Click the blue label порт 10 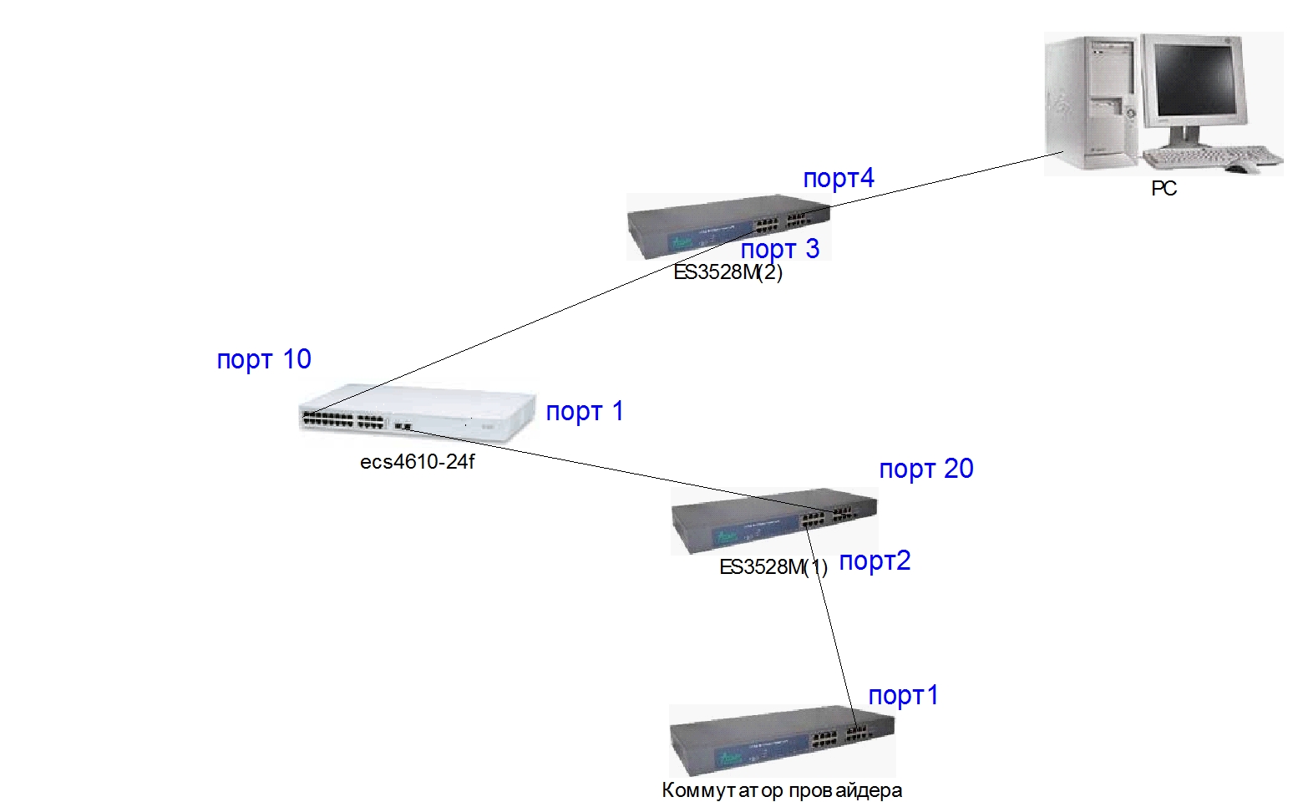[264, 359]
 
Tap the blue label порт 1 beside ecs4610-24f [585, 411]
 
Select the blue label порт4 [839, 178]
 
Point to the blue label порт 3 [780, 249]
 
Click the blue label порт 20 [926, 469]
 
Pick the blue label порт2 [875, 561]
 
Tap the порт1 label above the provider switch [904, 695]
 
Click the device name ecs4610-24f [417, 462]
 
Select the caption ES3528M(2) [728, 272]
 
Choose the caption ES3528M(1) [773, 567]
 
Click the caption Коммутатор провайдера [782, 790]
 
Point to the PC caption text [1164, 189]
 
